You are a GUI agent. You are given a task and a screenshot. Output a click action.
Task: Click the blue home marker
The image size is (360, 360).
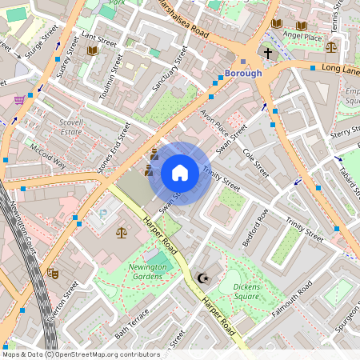[x=180, y=173]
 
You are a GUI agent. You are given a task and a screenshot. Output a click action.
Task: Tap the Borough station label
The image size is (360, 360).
[x=243, y=74]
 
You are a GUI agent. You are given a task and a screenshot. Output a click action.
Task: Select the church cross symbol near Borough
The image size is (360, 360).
[x=268, y=54]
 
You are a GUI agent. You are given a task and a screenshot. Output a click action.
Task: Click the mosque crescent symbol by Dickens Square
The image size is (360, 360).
[x=202, y=278]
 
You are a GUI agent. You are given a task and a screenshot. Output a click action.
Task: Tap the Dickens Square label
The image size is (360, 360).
[x=240, y=291]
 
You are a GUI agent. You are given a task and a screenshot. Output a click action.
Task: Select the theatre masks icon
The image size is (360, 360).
[x=53, y=272]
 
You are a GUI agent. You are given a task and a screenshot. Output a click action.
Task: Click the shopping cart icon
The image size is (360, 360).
[x=18, y=100]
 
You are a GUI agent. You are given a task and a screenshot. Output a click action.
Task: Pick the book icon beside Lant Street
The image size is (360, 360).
[x=93, y=50]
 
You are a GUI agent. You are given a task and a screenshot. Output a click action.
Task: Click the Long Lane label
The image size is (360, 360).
[x=340, y=69]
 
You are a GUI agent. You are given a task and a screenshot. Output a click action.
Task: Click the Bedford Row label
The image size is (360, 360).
[x=256, y=226]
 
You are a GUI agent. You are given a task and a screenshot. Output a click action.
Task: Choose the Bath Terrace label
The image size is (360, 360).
[x=132, y=322]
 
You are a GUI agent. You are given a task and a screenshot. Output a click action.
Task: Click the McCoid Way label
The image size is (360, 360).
[x=48, y=156]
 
